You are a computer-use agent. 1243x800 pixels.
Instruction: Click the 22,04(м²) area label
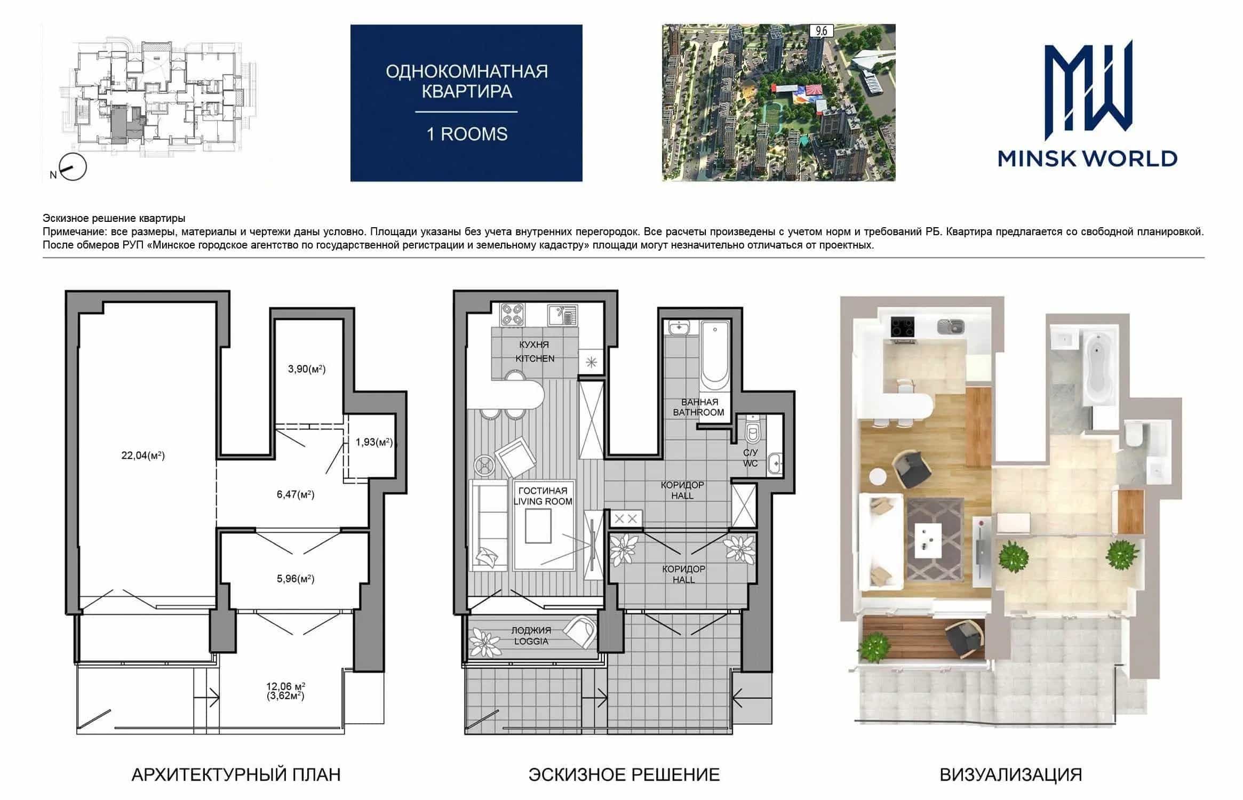[x=143, y=455]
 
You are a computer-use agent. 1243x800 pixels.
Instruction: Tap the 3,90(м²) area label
[x=307, y=369]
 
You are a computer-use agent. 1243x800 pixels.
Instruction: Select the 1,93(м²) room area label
[x=375, y=442]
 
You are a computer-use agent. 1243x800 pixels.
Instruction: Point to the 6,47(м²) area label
[x=296, y=494]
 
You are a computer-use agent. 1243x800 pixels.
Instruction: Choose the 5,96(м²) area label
[x=296, y=579]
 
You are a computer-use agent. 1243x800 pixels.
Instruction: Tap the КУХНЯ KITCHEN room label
[x=535, y=351]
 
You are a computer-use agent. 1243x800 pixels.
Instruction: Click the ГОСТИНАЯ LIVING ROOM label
[x=543, y=495]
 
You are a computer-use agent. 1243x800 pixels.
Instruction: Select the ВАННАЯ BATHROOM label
[x=699, y=407]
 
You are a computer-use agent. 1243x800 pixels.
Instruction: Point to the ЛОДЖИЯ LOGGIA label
[x=531, y=636]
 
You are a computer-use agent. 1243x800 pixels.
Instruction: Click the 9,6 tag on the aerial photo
[x=821, y=31]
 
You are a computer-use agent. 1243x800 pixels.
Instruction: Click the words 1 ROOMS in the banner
[x=467, y=134]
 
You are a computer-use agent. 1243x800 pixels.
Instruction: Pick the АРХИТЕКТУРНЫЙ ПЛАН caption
[x=236, y=774]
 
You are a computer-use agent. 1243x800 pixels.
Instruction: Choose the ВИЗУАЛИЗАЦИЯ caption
[x=1011, y=774]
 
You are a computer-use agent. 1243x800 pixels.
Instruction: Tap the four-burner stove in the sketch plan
[x=512, y=314]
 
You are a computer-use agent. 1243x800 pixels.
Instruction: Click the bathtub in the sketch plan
[x=715, y=356]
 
